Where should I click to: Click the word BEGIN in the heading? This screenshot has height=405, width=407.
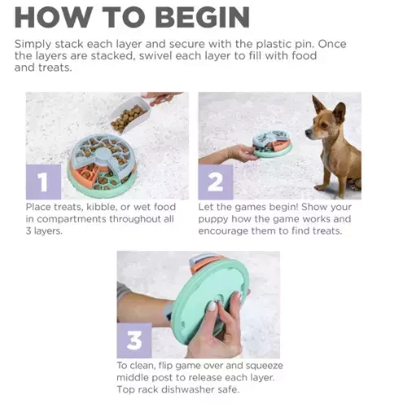tap(203, 17)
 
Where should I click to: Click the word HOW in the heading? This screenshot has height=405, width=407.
tap(52, 17)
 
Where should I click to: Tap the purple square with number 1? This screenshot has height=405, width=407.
tap(43, 182)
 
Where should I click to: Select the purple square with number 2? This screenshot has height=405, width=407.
tap(216, 182)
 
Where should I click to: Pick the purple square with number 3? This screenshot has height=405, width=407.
tap(134, 341)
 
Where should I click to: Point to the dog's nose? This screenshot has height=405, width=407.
tap(308, 133)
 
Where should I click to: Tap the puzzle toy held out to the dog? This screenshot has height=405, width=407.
tap(272, 144)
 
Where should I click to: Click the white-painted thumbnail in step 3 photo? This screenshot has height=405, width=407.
tap(212, 306)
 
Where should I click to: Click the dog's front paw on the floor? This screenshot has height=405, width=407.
tap(321, 187)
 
